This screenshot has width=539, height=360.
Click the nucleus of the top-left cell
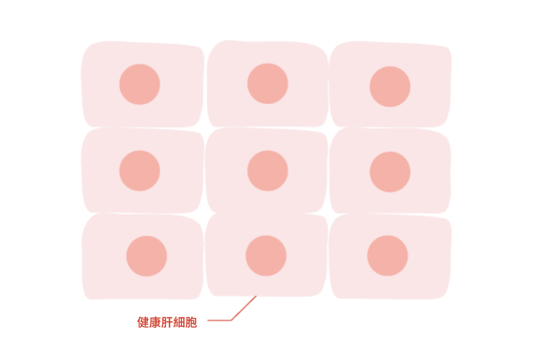point(140,84)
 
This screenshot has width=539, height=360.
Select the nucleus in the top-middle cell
point(267,83)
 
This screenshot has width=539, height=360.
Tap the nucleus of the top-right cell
point(390,86)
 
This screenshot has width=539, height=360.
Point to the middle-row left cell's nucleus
point(140,170)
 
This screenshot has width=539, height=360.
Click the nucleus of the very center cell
point(267,170)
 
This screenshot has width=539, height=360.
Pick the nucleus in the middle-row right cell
point(390,172)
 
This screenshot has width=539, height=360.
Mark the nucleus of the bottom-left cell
point(146,256)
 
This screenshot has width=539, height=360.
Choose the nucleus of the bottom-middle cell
point(265,256)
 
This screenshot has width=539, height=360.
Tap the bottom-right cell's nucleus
point(387,256)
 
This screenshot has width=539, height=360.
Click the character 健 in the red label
point(143,322)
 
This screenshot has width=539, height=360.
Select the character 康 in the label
point(155,322)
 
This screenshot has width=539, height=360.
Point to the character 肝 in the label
point(167,322)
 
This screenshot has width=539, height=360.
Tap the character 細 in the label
point(179,322)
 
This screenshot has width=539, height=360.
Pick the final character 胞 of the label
point(191,322)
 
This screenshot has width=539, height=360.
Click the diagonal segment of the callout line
point(244,308)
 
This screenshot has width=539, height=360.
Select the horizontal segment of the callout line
point(219,320)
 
